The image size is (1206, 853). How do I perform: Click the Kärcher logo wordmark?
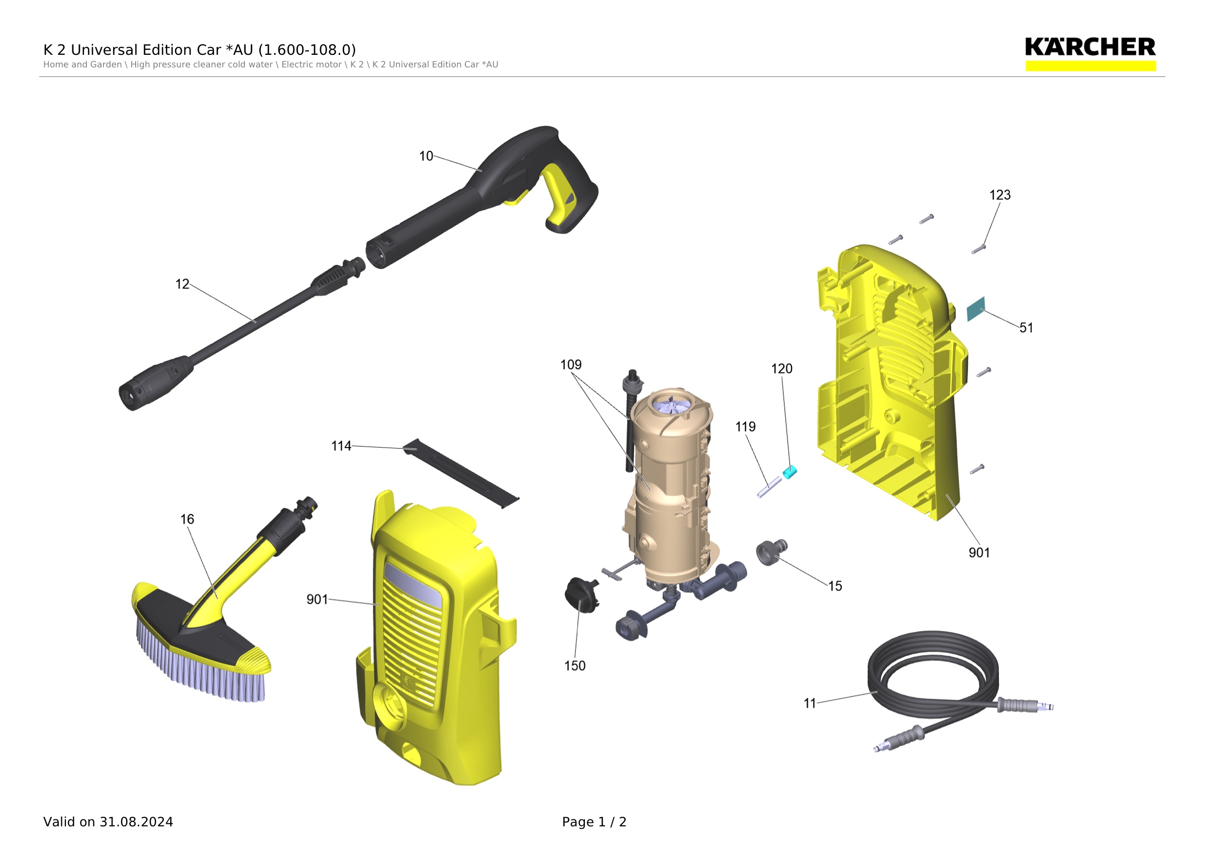1090,47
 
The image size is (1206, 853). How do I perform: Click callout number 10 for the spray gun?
426,156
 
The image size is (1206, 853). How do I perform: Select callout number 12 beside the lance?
182,284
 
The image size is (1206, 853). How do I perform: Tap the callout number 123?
999,195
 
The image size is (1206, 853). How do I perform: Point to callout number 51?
1026,328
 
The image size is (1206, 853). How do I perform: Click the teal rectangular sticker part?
976,309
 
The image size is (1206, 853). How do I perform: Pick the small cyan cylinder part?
789,472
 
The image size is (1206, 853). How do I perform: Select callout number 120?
781,369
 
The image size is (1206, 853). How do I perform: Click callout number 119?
745,427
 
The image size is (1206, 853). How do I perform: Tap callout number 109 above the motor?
571,365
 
